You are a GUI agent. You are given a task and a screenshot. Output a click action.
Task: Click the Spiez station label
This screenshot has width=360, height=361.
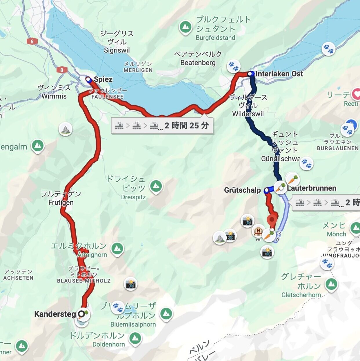coord(103,79)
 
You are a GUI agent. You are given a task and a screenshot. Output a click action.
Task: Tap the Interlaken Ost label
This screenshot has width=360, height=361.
coord(279,74)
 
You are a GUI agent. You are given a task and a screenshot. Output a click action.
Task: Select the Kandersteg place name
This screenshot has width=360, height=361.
coord(55,314)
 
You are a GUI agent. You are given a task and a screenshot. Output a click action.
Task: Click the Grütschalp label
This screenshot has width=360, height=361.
coord(242,190)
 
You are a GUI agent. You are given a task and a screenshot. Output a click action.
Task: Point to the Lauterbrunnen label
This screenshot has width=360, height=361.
coord(311,188)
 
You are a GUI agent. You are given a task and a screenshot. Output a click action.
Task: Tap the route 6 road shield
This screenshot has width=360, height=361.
coord(32,41)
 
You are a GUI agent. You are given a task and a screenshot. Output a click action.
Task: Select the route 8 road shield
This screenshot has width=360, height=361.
coord(62,70)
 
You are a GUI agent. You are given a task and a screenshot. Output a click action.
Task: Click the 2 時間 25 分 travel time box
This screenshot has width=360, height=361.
coord(162,125)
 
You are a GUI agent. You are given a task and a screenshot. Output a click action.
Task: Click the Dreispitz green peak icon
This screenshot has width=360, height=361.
coord(156,186)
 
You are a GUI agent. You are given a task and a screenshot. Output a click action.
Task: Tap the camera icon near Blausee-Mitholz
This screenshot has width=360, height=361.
coord(130,284)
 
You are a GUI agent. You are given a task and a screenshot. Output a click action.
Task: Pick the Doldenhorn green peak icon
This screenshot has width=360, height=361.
coord(135,338)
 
